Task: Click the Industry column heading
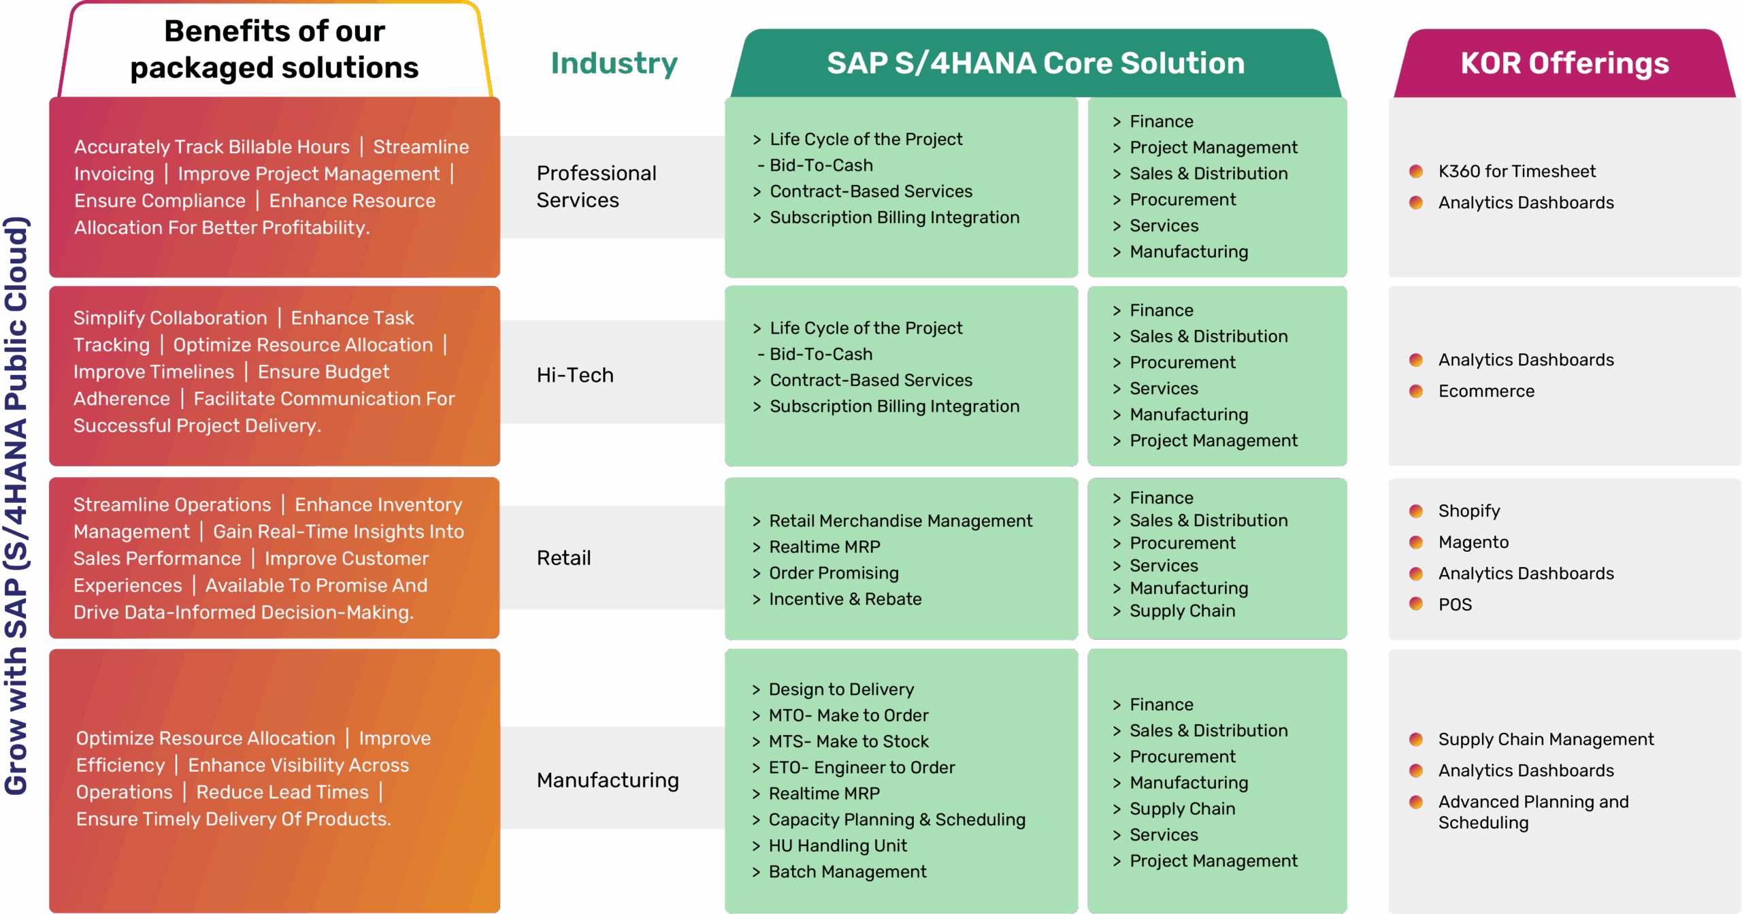(x=614, y=63)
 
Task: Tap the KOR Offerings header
(x=1564, y=63)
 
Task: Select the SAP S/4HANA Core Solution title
(x=1035, y=63)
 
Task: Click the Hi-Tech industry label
(x=575, y=375)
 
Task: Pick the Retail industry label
(x=563, y=558)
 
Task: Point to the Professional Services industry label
(x=596, y=186)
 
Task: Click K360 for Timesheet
(x=1516, y=172)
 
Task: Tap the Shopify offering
(x=1468, y=510)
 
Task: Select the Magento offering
(x=1473, y=542)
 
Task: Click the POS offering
(x=1455, y=604)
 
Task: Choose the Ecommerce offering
(x=1486, y=391)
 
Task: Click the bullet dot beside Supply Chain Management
(x=1416, y=739)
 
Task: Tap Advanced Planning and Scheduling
(x=1532, y=812)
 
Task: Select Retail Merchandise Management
(x=900, y=521)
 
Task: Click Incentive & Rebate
(x=845, y=599)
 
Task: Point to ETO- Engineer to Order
(x=861, y=768)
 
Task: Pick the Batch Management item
(x=847, y=872)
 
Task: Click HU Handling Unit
(x=838, y=846)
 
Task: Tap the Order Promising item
(x=834, y=573)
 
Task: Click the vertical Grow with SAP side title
(x=16, y=505)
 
